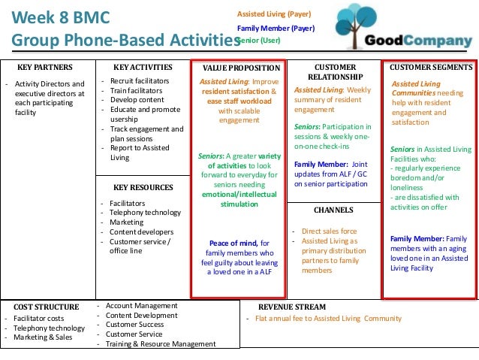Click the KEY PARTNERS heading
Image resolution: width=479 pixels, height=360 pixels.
click(44, 68)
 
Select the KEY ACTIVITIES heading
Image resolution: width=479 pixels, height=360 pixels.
click(143, 68)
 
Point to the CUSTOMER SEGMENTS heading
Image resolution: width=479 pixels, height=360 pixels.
click(430, 68)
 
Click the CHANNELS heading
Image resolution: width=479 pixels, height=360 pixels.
click(333, 210)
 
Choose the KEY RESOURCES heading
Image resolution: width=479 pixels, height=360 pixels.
click(143, 187)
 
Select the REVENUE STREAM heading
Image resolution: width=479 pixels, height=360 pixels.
click(292, 307)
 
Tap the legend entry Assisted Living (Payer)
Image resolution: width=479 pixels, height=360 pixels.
click(273, 14)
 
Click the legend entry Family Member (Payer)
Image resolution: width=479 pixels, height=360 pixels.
click(276, 28)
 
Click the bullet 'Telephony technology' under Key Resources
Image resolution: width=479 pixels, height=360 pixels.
click(146, 213)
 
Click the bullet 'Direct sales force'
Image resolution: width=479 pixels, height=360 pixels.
click(331, 231)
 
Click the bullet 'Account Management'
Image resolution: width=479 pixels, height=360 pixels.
click(141, 306)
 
